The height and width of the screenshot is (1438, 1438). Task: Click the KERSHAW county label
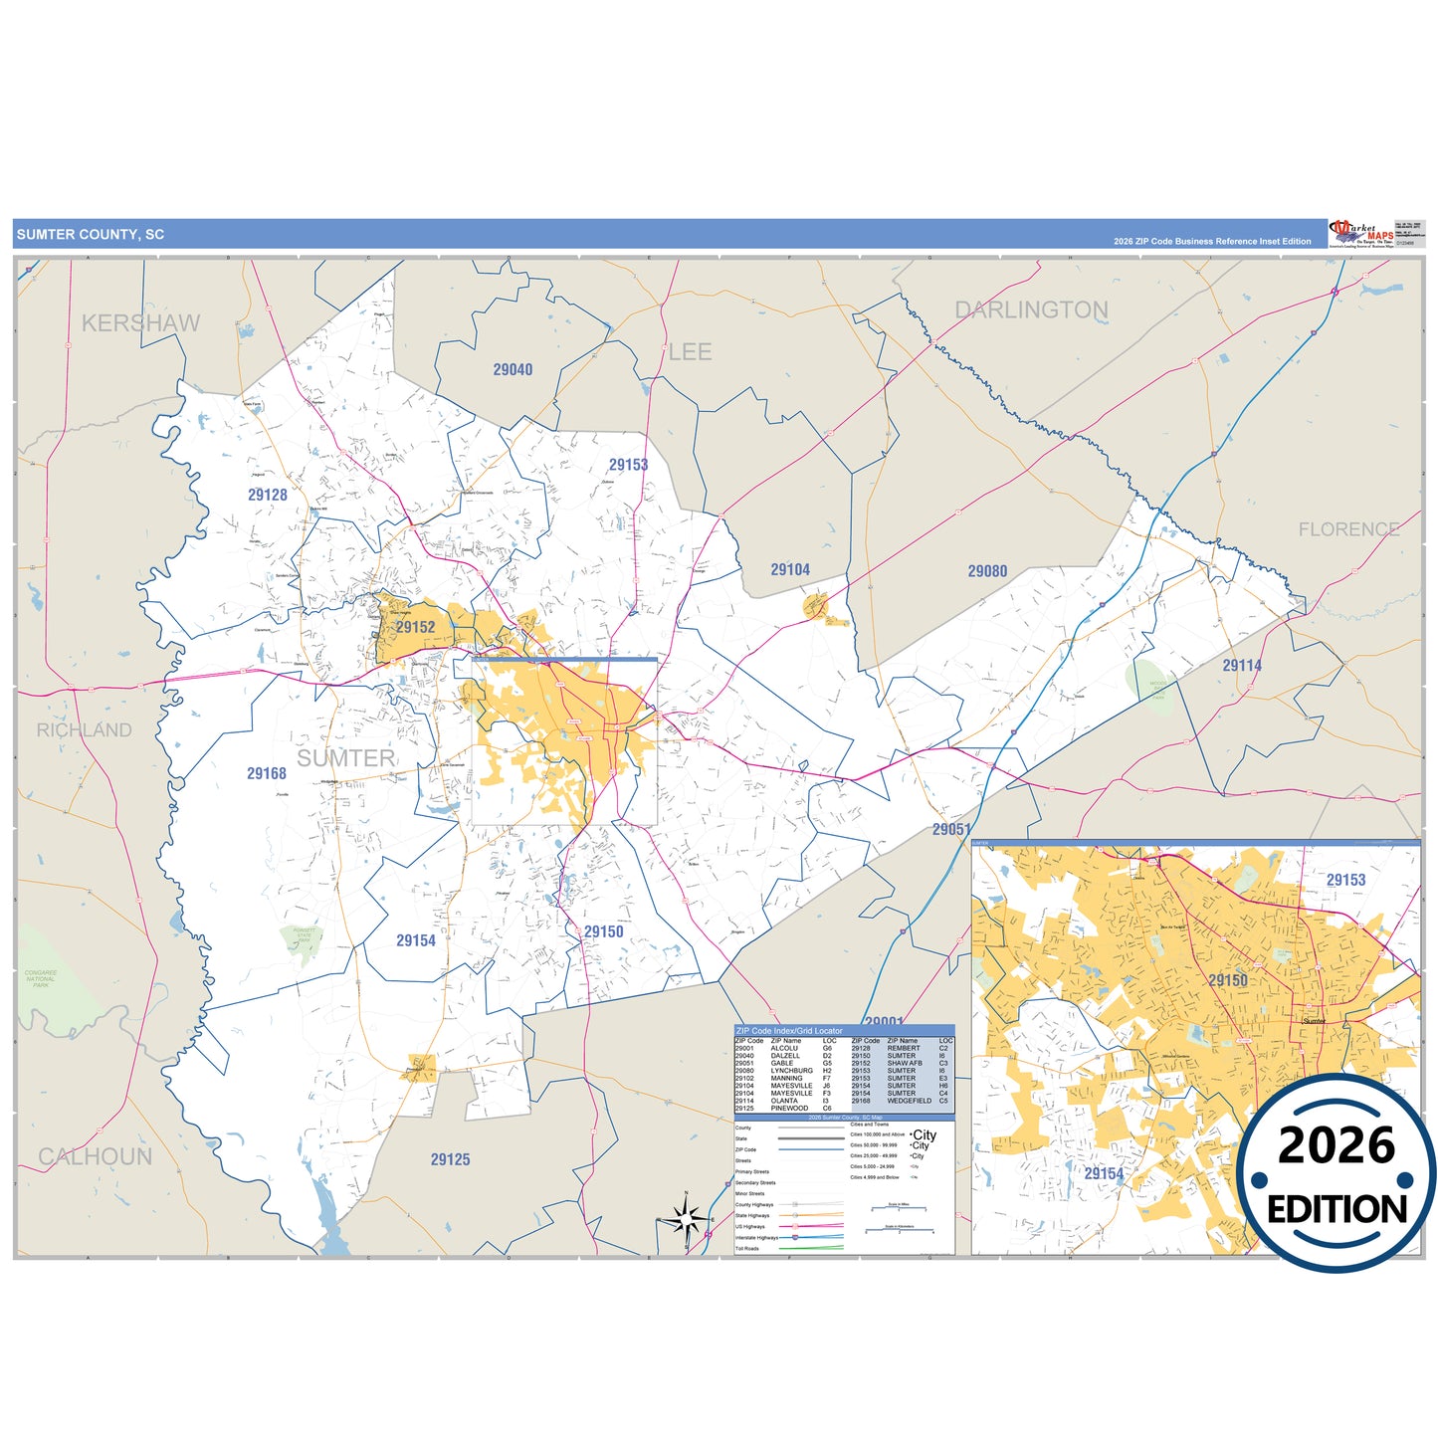point(140,323)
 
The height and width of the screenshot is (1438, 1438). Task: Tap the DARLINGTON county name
point(1031,310)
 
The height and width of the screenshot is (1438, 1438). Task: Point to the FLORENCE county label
point(1348,529)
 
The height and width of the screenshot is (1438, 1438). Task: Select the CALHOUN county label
point(96,1156)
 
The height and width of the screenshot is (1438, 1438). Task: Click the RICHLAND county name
point(84,730)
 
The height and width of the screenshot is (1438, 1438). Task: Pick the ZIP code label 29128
point(268,495)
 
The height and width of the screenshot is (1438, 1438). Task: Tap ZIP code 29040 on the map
point(513,370)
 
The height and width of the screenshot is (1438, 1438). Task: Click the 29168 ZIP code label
point(267,773)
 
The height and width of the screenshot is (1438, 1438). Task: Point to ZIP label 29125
point(450,1159)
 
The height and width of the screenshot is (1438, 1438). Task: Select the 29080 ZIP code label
point(987,571)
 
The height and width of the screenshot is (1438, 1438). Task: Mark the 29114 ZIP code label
point(1242,666)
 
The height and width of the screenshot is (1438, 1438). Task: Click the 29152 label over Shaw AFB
point(415,627)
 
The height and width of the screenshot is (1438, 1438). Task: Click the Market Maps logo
point(1361,234)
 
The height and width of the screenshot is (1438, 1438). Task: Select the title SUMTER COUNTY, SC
point(91,235)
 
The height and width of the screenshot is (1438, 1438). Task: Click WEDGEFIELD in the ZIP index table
point(910,1101)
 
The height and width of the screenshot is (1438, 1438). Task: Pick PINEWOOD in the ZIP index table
point(789,1108)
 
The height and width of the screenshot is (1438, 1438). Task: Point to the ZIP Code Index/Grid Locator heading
point(788,1031)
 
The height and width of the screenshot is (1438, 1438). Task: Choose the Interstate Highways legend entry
point(757,1238)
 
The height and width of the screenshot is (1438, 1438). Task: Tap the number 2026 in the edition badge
point(1336,1146)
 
